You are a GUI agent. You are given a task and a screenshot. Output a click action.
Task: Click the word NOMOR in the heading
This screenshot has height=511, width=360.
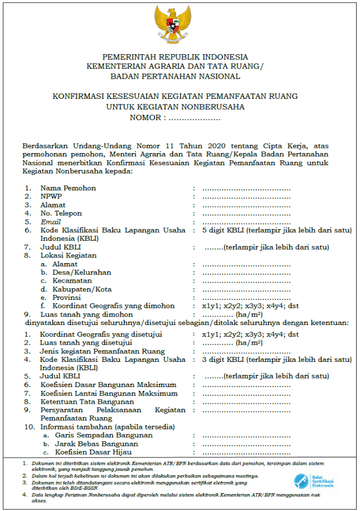(147, 118)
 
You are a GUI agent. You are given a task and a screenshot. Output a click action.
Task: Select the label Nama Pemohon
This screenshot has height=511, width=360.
(68, 188)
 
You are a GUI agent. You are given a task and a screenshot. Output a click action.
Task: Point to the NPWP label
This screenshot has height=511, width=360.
(51, 197)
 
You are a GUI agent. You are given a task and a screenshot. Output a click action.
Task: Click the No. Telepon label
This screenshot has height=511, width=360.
(61, 213)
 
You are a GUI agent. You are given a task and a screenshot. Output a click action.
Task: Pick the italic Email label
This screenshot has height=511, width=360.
(50, 222)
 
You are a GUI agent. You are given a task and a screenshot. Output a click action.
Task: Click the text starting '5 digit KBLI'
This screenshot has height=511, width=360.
(277, 230)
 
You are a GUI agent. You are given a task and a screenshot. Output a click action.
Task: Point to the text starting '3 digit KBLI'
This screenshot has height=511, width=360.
(277, 360)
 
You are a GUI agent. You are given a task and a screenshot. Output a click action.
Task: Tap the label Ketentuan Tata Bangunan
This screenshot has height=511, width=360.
(87, 402)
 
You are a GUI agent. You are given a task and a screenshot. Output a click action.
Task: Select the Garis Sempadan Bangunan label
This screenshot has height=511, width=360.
(103, 435)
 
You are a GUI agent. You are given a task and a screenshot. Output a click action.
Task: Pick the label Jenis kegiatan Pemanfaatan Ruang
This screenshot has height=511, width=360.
(102, 351)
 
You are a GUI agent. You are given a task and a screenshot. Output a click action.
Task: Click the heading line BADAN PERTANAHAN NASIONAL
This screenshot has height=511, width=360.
(175, 77)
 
